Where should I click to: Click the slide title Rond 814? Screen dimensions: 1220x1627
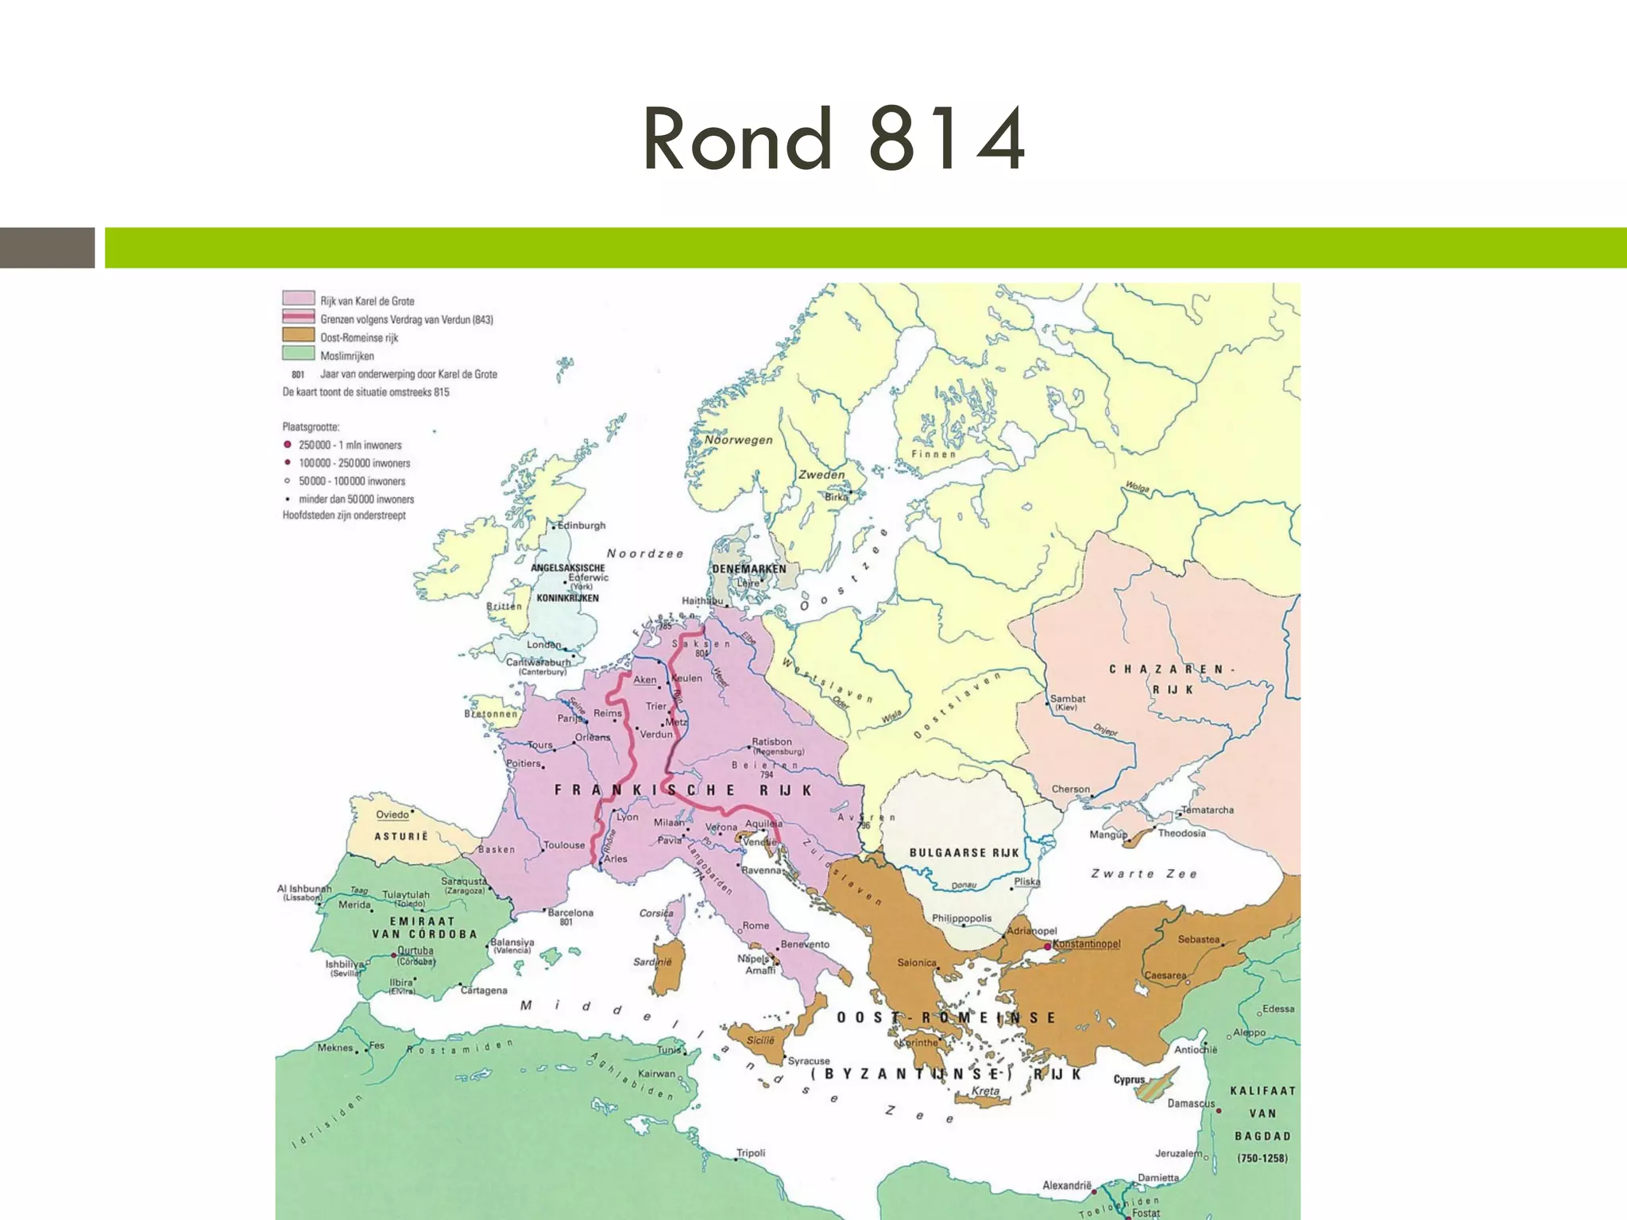(x=833, y=140)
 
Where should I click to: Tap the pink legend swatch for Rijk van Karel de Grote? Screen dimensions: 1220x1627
(x=298, y=299)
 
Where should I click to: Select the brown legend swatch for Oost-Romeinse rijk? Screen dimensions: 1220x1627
(x=298, y=335)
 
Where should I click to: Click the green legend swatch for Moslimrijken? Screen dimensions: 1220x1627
(x=298, y=353)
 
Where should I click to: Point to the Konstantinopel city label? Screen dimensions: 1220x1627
(x=1086, y=944)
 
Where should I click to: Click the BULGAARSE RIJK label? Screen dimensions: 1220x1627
(x=964, y=852)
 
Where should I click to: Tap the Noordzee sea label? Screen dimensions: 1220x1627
(x=645, y=554)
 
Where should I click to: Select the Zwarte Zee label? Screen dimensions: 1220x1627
(x=1143, y=874)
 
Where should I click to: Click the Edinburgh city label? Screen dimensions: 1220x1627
(x=582, y=525)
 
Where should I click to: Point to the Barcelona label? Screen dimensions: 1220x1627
(x=570, y=913)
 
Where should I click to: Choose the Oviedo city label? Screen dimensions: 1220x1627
(x=392, y=814)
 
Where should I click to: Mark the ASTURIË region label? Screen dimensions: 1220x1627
(x=401, y=836)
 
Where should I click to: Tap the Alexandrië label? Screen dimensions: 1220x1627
(x=1067, y=1185)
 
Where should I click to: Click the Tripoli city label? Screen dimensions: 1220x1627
(x=751, y=1152)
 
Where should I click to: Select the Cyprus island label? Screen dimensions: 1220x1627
(x=1129, y=1079)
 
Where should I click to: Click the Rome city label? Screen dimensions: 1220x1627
(x=756, y=925)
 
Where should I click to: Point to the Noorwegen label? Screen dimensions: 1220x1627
(x=738, y=440)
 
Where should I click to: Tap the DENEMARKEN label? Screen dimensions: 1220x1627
(x=749, y=569)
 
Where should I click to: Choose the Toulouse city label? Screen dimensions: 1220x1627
(x=564, y=845)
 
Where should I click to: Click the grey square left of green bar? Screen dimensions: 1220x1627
(x=47, y=248)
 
